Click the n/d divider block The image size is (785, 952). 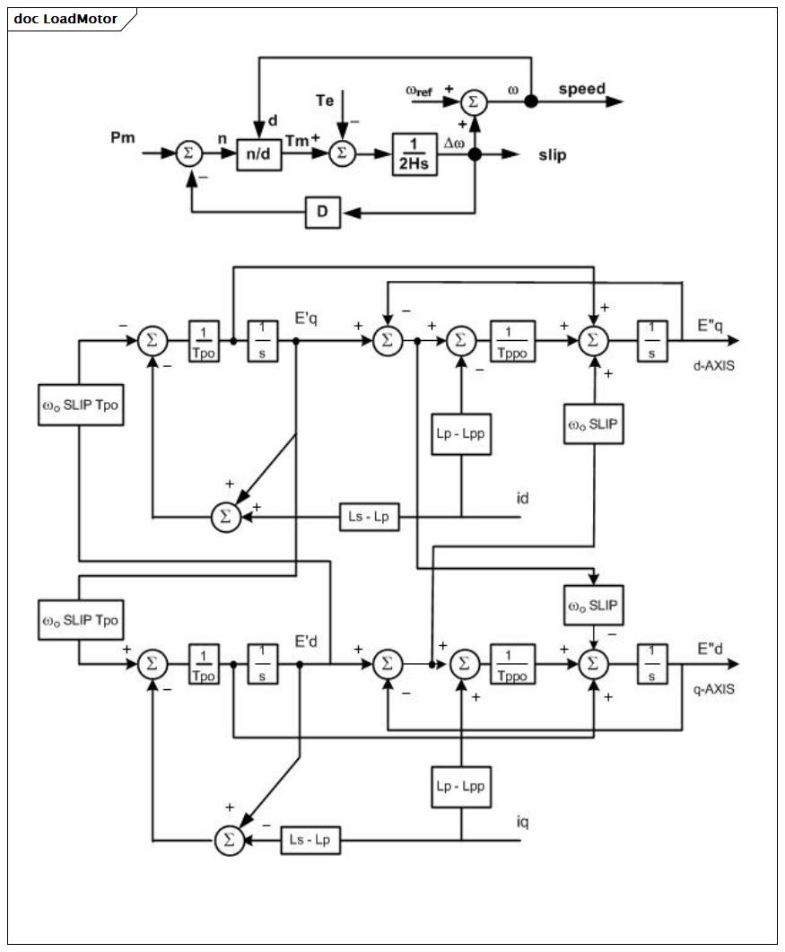258,153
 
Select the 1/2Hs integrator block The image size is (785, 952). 414,154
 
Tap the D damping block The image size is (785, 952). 322,212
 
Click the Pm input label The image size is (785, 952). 123,138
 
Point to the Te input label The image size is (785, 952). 325,100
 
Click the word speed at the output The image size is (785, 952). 581,89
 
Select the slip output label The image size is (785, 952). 553,155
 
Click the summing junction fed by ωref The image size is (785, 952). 474,102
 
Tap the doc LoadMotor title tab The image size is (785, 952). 65,19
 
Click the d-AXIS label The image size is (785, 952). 714,366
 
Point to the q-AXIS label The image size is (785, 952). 714,689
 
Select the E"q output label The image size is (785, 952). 710,326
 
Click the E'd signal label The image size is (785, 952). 306,642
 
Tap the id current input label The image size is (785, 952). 523,499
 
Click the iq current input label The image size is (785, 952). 523,822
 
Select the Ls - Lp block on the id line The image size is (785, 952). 369,518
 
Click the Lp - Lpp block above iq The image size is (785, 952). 461,787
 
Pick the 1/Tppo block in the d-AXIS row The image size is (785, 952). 512,341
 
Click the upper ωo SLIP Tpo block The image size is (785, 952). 81,405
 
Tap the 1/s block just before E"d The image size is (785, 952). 652,664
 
